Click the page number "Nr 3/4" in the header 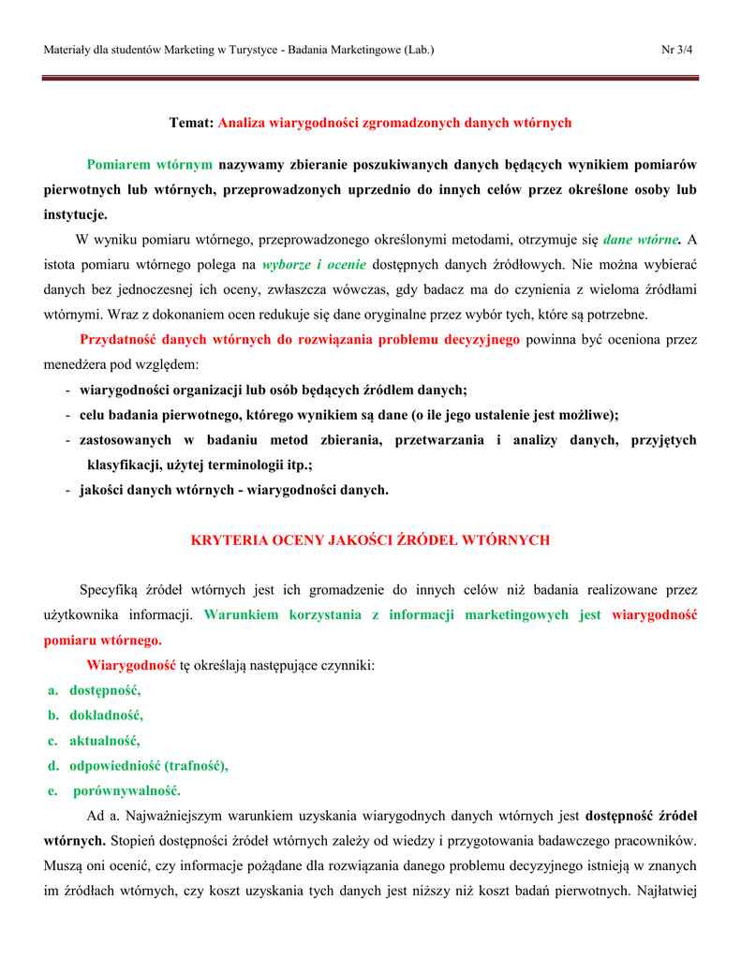pyautogui.click(x=677, y=49)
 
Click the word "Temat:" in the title pyautogui.click(x=191, y=123)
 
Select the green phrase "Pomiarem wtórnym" pyautogui.click(x=150, y=165)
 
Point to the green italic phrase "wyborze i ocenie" pyautogui.click(x=315, y=265)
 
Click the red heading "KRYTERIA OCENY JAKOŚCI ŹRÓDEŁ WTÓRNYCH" pyautogui.click(x=370, y=540)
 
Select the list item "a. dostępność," pyautogui.click(x=95, y=690)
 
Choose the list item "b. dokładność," pyautogui.click(x=96, y=716)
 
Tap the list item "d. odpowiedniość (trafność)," pyautogui.click(x=138, y=765)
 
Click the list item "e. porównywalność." pyautogui.click(x=115, y=790)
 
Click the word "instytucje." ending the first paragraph pyautogui.click(x=76, y=214)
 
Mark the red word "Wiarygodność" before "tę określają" pyautogui.click(x=131, y=666)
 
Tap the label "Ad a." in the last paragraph pyautogui.click(x=103, y=816)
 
